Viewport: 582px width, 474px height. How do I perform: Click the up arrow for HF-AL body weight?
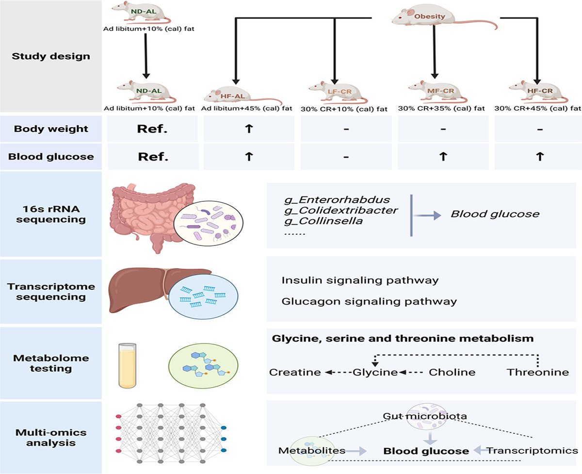pyautogui.click(x=249, y=130)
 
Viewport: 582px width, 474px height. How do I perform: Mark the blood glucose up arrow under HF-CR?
pyautogui.click(x=539, y=157)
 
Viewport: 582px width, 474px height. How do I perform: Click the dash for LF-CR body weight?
pyautogui.click(x=346, y=130)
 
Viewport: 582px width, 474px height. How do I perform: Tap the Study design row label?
pyautogui.click(x=51, y=56)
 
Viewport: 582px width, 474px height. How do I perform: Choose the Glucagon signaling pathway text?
pyautogui.click(x=369, y=301)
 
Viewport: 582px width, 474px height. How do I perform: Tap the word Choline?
pyautogui.click(x=452, y=373)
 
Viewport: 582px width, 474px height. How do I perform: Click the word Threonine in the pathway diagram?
pyautogui.click(x=537, y=373)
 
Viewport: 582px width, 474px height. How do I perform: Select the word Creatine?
pyautogui.click(x=295, y=373)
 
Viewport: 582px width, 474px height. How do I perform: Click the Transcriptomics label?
pyautogui.click(x=533, y=451)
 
